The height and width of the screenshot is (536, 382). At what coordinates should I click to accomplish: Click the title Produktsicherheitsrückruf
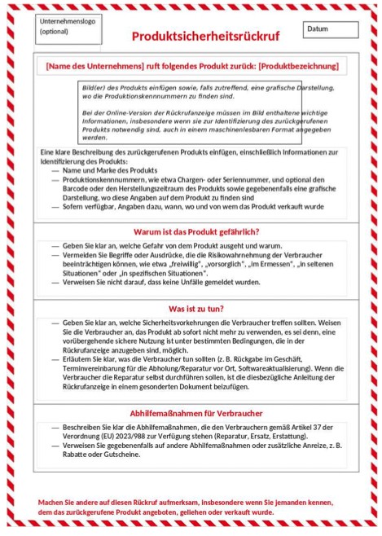pos(205,37)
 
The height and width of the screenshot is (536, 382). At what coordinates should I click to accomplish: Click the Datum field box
pos(331,29)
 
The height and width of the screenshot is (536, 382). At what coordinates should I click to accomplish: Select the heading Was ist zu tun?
pos(195,310)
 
